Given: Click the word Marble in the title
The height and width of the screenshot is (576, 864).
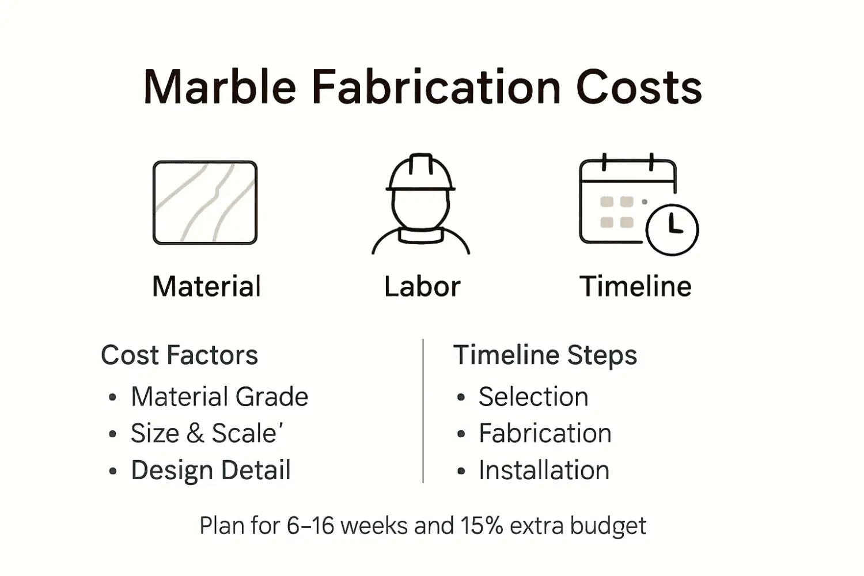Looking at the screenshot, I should [219, 88].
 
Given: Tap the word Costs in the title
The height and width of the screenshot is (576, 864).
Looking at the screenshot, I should [639, 88].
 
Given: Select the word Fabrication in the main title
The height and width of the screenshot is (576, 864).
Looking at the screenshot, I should [436, 88].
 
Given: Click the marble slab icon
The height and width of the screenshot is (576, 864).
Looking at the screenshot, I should [205, 203].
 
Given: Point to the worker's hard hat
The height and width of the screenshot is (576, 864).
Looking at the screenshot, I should [421, 173].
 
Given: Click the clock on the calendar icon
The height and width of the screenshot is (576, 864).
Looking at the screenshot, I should [672, 229].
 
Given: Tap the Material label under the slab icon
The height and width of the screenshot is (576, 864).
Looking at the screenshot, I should [206, 286].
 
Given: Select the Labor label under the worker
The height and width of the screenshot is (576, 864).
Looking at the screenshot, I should [422, 286].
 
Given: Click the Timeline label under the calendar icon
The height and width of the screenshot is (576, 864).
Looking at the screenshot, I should [635, 286].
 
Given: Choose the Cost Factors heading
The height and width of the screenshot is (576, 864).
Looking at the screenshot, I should [179, 355].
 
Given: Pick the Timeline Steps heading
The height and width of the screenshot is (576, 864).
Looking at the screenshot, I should [545, 355].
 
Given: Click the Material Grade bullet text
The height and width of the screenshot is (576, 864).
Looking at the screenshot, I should [219, 397].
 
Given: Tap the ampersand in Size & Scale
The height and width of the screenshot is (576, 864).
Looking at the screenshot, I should [195, 434].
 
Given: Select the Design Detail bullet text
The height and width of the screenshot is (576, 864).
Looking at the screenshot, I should [211, 470].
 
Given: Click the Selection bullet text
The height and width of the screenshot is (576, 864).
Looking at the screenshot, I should [533, 397].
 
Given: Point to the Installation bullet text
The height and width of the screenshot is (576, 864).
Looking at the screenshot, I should [544, 470].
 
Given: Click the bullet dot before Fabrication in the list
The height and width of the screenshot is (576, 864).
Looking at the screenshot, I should [461, 434].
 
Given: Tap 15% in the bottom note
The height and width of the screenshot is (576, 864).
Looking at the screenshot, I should [482, 526].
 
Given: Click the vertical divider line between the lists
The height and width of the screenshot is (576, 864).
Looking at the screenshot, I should [423, 410].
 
